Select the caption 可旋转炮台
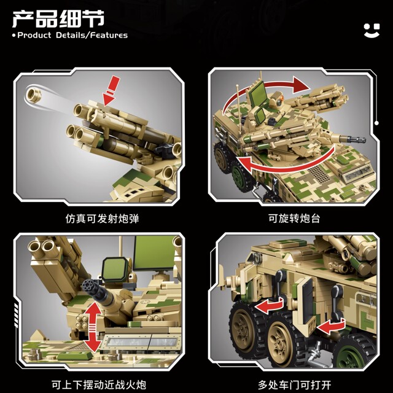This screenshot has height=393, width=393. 294,218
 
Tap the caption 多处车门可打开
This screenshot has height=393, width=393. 294,385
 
